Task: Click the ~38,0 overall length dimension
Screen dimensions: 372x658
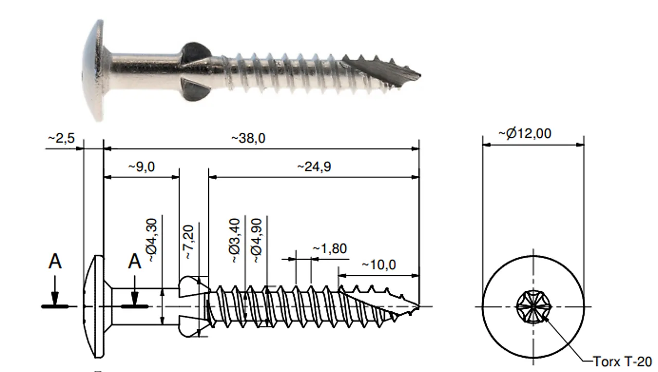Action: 248,139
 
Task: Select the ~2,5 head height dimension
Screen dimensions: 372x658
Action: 62,139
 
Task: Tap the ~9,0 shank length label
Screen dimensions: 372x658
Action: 142,167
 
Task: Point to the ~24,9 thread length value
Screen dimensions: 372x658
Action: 313,167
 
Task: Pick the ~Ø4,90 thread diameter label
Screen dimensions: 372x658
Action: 257,240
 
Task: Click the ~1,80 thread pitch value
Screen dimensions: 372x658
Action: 330,249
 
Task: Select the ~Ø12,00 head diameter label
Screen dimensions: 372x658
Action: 525,134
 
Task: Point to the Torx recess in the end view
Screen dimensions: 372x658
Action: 533,307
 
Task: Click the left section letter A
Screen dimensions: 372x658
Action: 55,262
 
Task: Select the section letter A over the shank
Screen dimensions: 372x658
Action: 135,262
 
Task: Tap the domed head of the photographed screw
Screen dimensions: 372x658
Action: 95,69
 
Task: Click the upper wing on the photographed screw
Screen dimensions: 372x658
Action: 194,51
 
